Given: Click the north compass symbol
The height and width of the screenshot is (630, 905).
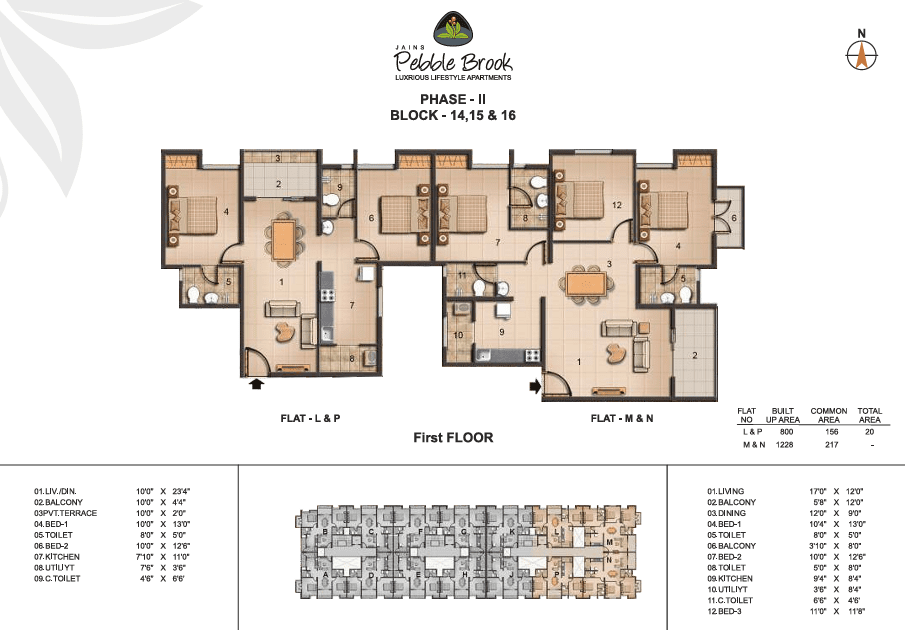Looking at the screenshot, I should coord(859,55).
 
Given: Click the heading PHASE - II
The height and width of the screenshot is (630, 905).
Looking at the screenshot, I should coord(452,99).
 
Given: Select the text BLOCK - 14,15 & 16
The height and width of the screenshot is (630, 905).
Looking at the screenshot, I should coord(452,115).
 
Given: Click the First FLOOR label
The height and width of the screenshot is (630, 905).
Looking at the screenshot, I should coord(453,438).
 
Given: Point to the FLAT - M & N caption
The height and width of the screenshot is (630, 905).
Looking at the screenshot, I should coord(621,417).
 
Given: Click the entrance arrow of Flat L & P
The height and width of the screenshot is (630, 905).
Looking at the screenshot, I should coord(256,382).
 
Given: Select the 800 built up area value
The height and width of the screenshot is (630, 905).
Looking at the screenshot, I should coord(786,431).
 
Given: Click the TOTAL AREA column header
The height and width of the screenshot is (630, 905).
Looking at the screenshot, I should coord(869,415).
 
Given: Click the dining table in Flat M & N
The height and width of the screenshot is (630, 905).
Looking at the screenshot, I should coord(585,285).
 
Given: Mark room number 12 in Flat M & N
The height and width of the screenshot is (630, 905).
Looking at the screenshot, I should coord(617,205).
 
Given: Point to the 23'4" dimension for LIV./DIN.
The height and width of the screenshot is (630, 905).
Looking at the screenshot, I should coord(208,491).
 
